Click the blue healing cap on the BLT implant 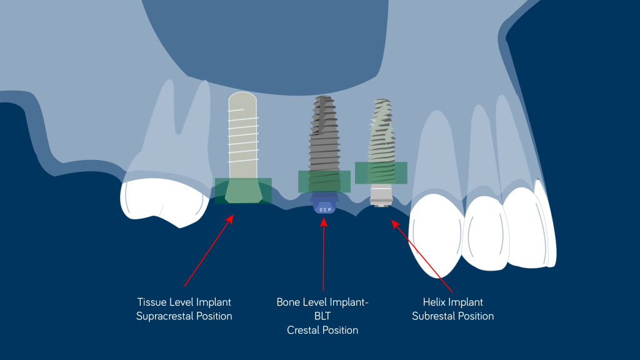tap(324, 204)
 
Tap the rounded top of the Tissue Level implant tap(242, 100)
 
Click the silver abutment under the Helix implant tap(381, 195)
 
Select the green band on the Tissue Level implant tap(243, 191)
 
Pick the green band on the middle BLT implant tap(324, 181)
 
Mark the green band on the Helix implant tap(381, 173)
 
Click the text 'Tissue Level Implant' tap(184, 302)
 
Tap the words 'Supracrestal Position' tap(184, 316)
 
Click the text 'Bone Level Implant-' tap(322, 302)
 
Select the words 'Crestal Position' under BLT tap(322, 330)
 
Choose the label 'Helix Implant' tap(452, 302)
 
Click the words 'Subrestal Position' tap(452, 316)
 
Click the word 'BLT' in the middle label tap(322, 316)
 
